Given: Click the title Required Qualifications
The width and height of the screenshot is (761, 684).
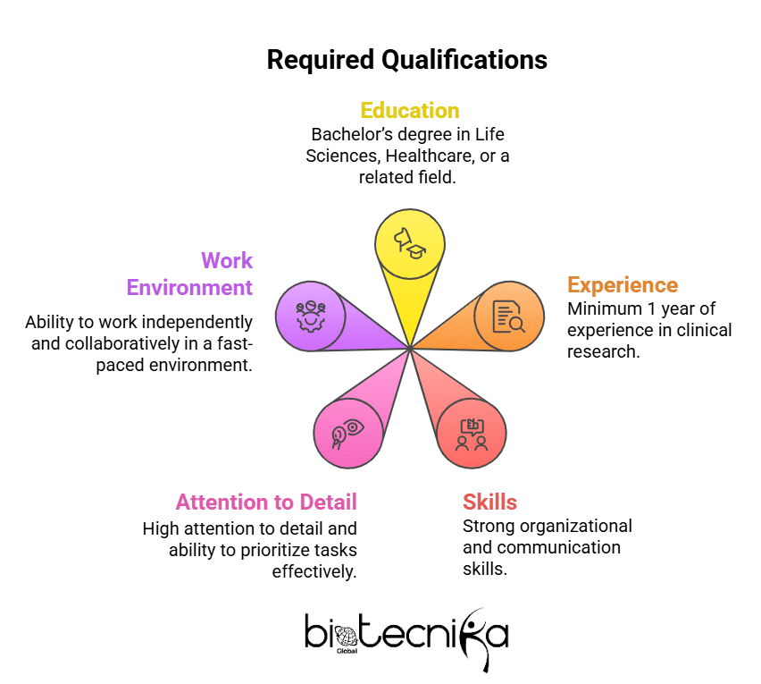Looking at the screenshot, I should [x=407, y=60].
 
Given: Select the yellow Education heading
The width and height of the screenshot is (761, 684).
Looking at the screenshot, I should [x=409, y=110].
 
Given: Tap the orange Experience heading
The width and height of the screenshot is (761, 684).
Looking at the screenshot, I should [x=623, y=285].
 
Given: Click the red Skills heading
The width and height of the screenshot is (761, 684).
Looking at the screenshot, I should [x=489, y=501].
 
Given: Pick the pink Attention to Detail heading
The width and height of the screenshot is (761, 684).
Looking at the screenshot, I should [x=266, y=502].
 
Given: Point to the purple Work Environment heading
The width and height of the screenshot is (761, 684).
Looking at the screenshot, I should [x=189, y=274].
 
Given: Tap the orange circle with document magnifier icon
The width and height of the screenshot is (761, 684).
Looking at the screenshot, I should [x=508, y=316].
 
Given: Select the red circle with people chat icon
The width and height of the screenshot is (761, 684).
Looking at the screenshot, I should [x=472, y=432].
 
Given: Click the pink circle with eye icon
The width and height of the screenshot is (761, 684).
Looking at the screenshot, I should [x=347, y=432].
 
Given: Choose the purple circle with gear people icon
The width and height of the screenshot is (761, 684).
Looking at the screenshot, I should [x=309, y=314].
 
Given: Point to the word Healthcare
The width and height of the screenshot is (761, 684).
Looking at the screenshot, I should [x=415, y=155].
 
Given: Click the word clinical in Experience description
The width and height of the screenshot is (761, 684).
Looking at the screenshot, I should [x=705, y=330].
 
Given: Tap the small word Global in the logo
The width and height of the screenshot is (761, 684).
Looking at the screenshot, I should [x=347, y=651].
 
